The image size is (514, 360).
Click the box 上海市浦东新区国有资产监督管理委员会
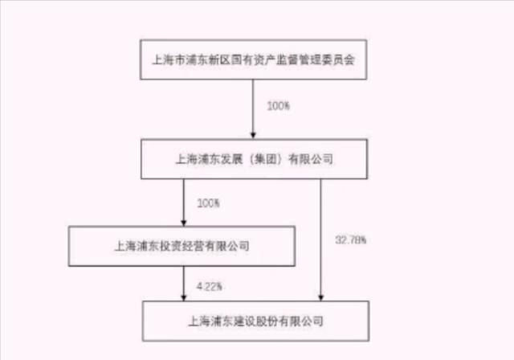click(x=254, y=59)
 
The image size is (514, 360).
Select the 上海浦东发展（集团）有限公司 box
click(x=254, y=159)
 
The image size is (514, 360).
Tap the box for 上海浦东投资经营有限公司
click(x=182, y=246)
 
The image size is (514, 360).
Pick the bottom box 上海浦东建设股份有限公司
click(x=255, y=321)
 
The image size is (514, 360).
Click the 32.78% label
click(x=350, y=240)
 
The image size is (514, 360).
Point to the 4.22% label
click(x=209, y=287)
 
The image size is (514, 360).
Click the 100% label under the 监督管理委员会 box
click(x=279, y=106)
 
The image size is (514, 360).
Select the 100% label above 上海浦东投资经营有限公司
click(x=208, y=203)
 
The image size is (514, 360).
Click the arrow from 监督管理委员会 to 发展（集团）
click(x=253, y=109)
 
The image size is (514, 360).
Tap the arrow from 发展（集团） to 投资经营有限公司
click(x=184, y=202)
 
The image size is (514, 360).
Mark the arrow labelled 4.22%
click(x=184, y=284)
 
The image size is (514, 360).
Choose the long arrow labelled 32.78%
click(x=321, y=240)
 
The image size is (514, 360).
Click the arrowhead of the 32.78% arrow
click(x=321, y=297)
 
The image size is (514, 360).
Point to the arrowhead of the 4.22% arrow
click(x=184, y=297)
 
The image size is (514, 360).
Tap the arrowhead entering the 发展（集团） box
click(x=253, y=136)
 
